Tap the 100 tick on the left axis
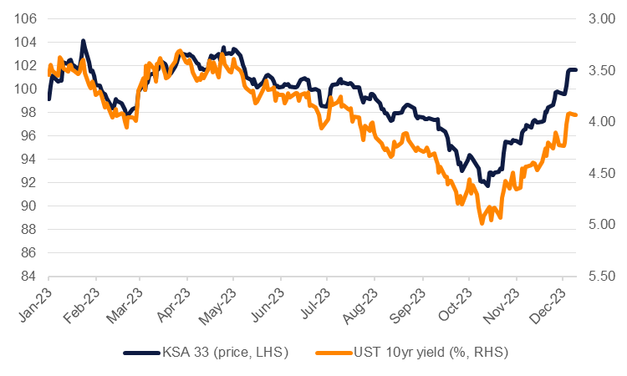pyautogui.click(x=25, y=89)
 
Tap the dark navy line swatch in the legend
pyautogui.click(x=143, y=353)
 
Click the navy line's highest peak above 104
pyautogui.click(x=83, y=40)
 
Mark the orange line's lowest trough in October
pyautogui.click(x=482, y=223)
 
